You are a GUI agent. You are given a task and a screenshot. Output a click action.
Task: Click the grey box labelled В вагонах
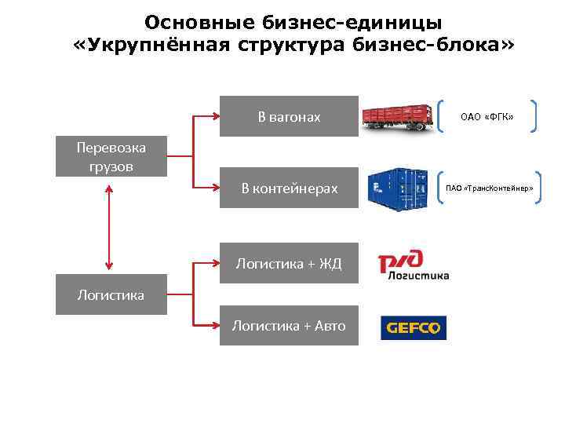click(x=289, y=117)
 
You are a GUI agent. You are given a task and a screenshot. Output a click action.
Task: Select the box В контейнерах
click(x=289, y=188)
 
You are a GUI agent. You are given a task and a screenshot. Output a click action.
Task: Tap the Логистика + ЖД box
click(x=289, y=264)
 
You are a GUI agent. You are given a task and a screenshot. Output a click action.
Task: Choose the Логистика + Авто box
click(x=289, y=326)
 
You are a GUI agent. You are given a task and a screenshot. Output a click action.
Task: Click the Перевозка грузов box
click(x=111, y=156)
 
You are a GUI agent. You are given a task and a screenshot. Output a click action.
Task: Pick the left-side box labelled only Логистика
click(x=111, y=294)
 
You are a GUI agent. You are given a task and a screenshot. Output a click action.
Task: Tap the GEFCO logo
click(x=413, y=327)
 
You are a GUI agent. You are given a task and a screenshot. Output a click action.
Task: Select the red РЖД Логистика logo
click(x=413, y=265)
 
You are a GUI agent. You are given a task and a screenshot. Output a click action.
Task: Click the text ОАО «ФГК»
click(x=487, y=117)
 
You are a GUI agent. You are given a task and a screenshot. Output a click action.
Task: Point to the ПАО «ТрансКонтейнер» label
click(x=489, y=188)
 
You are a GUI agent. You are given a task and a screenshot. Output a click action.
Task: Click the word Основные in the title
click(x=189, y=21)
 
